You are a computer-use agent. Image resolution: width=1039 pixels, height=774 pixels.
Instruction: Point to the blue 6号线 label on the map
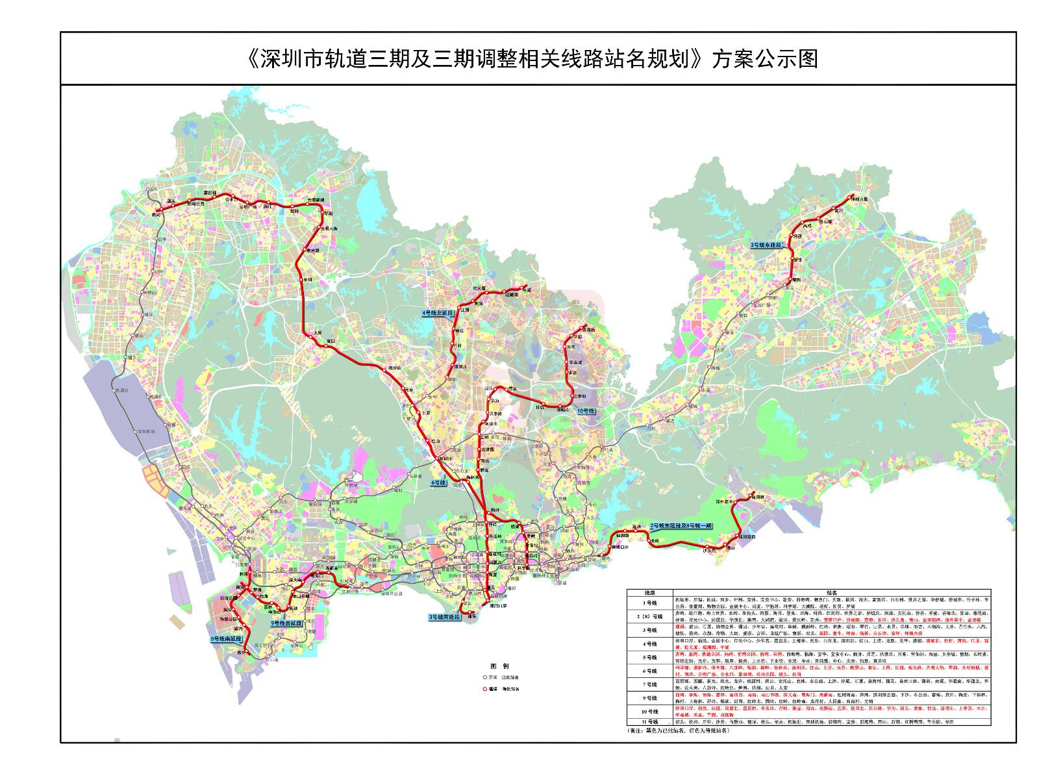click(439, 483)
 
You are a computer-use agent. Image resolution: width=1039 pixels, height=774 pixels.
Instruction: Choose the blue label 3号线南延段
click(444, 616)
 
